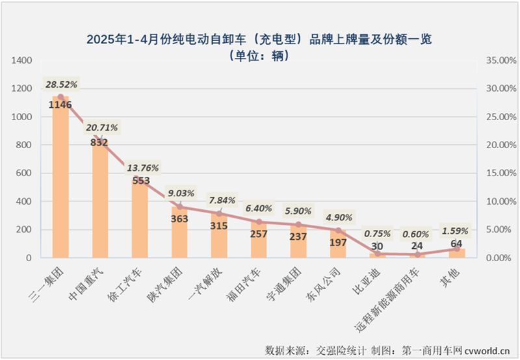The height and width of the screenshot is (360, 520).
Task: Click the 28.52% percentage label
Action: click(x=61, y=84)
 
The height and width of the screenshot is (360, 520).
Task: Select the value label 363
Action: click(x=179, y=219)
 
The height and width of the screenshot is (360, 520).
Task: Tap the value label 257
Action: click(x=259, y=234)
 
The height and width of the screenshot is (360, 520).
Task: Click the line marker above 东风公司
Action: click(x=338, y=230)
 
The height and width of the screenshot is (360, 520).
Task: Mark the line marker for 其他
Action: click(x=457, y=249)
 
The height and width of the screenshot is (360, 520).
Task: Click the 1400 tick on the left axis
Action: click(x=22, y=60)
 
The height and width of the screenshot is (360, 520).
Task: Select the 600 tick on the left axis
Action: click(x=25, y=174)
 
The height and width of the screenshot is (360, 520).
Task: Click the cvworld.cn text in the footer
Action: click(x=489, y=350)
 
